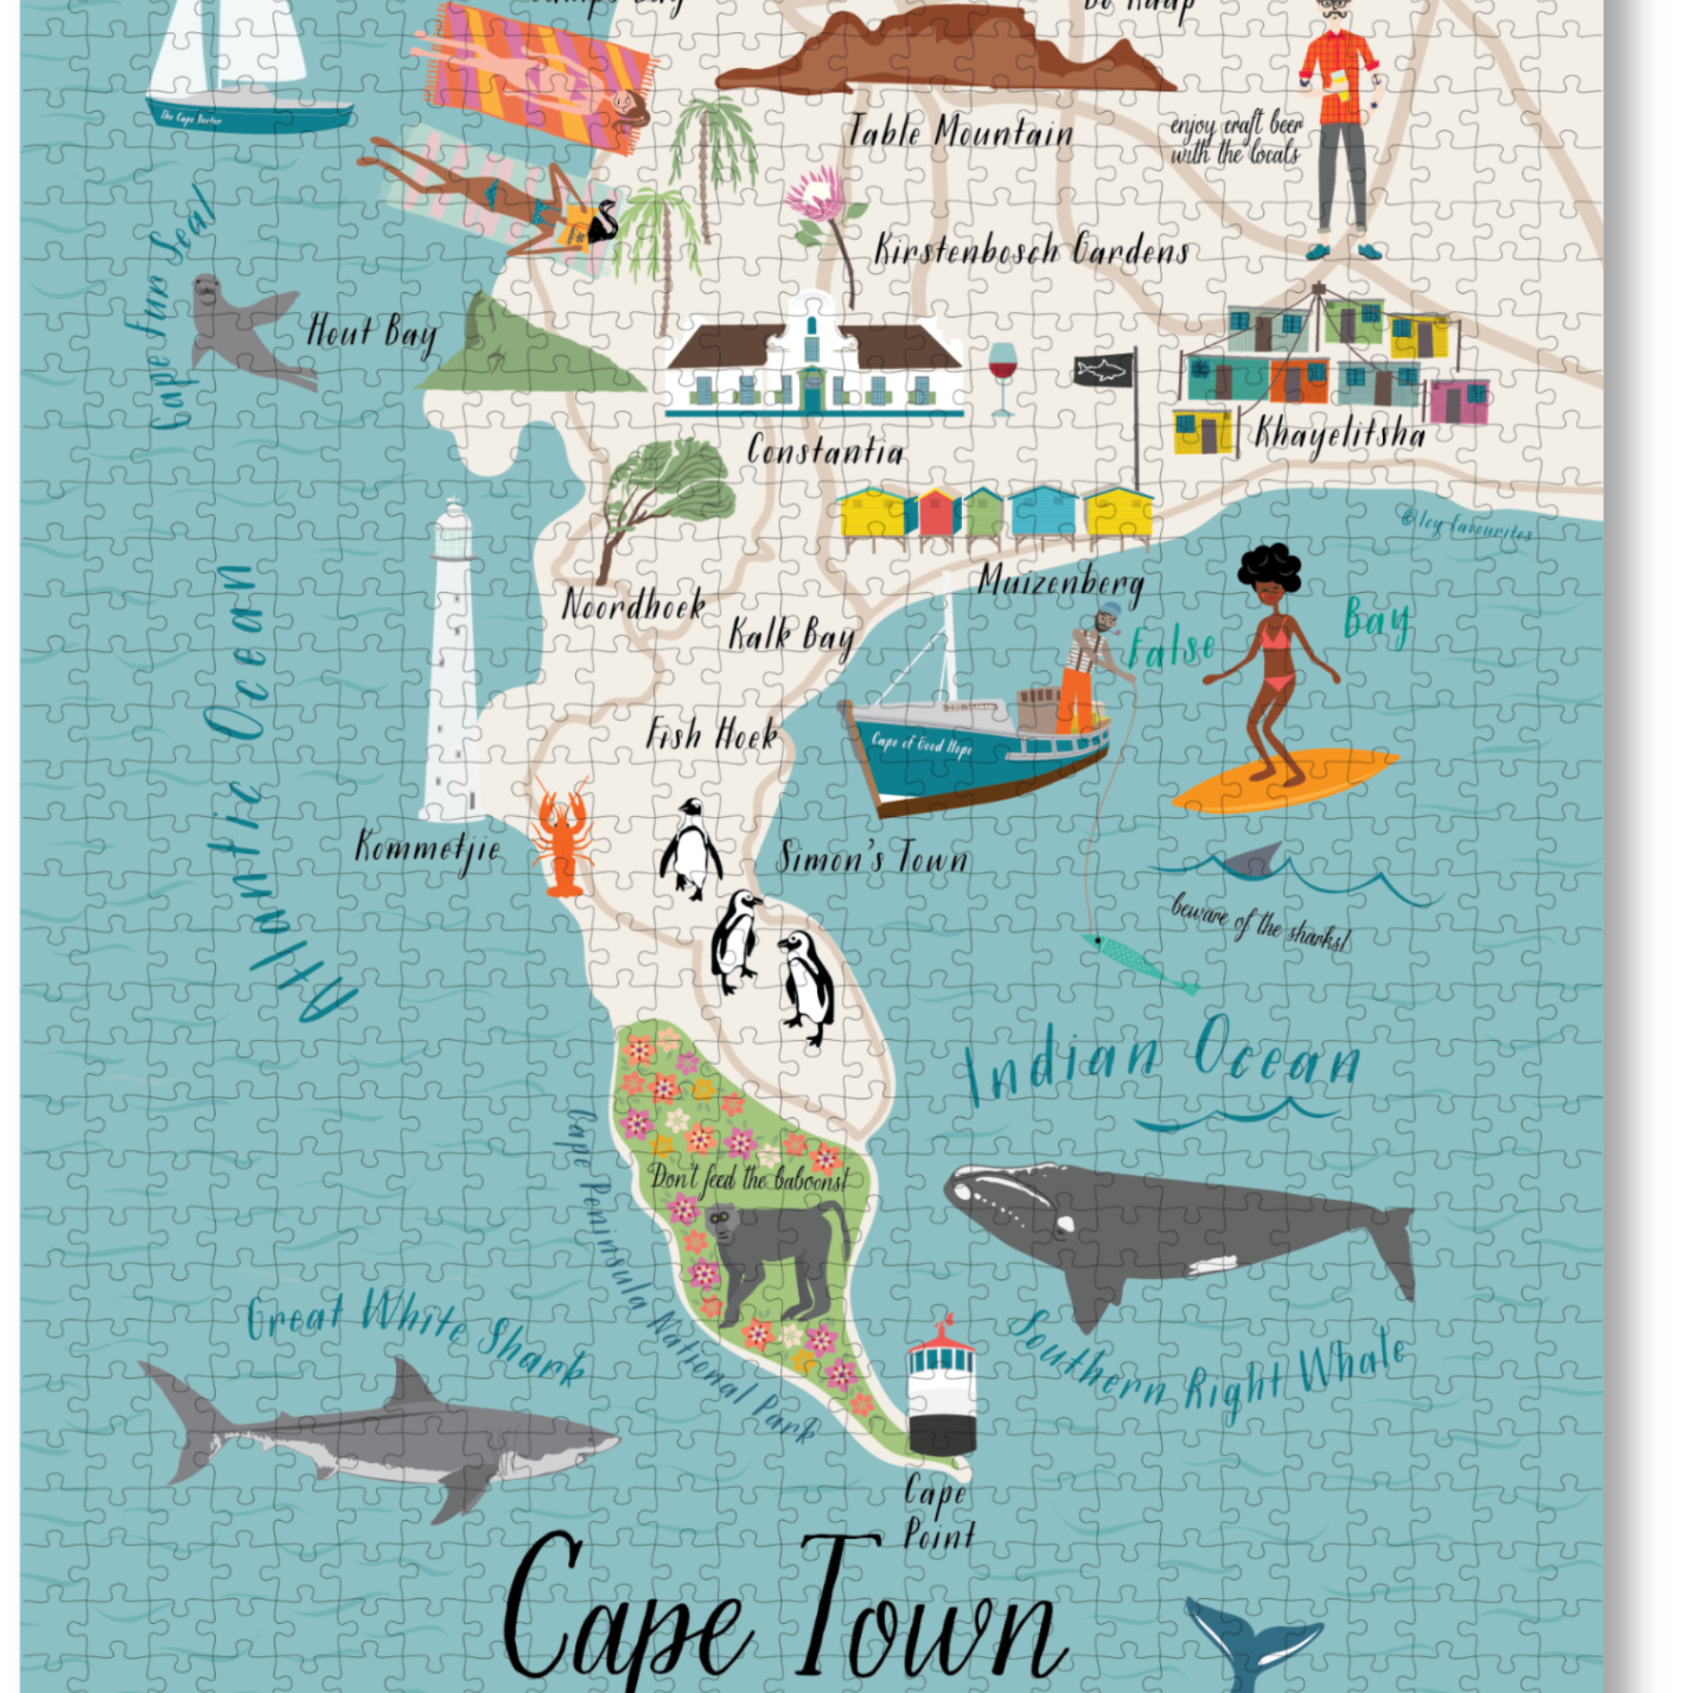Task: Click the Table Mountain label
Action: point(960,133)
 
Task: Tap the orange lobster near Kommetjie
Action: point(561,838)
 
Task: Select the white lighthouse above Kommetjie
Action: point(452,663)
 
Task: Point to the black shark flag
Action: point(1104,369)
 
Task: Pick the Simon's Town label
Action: point(872,858)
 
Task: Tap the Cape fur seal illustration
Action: point(237,327)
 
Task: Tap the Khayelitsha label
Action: point(1338,434)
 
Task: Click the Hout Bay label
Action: point(372,333)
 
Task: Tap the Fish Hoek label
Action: point(712,735)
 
